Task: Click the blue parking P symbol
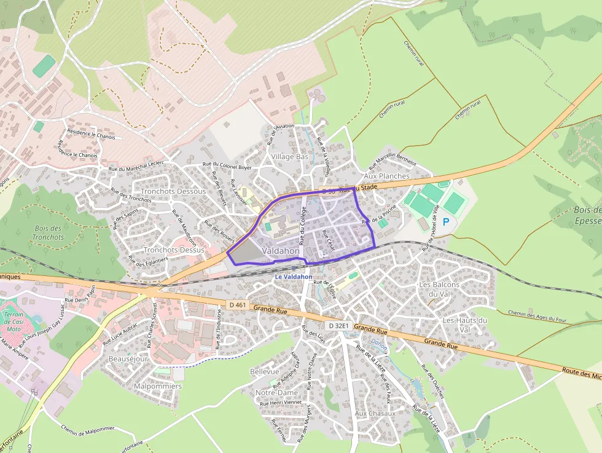click(446, 222)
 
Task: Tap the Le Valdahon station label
click(294, 277)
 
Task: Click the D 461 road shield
click(236, 305)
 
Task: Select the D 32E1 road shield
click(338, 325)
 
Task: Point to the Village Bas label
click(289, 157)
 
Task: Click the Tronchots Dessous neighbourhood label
click(174, 191)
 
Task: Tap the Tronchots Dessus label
click(174, 250)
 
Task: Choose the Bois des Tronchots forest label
click(48, 233)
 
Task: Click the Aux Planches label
click(386, 176)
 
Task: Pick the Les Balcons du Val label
click(439, 289)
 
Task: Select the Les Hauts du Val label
click(465, 325)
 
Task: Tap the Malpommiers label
click(158, 386)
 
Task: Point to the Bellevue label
click(265, 372)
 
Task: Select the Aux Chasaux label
click(375, 413)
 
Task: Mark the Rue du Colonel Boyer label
click(227, 167)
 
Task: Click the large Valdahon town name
click(281, 251)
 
